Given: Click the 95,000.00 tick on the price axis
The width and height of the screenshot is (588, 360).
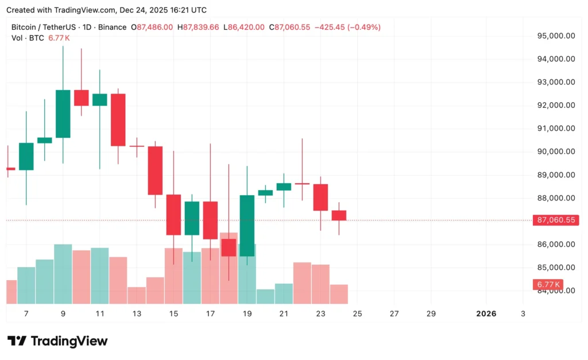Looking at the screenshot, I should click(x=555, y=36).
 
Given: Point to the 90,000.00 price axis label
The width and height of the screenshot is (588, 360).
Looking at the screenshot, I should click(x=555, y=152).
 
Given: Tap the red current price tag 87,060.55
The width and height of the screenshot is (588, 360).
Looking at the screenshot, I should click(x=555, y=220).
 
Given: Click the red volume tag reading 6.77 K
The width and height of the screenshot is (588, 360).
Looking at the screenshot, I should click(x=548, y=284).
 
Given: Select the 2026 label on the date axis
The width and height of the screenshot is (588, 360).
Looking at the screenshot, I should click(x=486, y=313).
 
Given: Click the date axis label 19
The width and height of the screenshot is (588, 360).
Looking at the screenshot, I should click(x=247, y=313).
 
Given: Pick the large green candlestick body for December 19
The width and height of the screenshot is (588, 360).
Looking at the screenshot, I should click(x=247, y=226).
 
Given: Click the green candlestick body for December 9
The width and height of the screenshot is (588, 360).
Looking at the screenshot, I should click(x=63, y=114).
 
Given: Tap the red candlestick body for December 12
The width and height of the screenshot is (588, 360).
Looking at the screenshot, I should click(x=118, y=119).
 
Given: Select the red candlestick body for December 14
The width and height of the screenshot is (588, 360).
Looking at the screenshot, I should click(x=155, y=171).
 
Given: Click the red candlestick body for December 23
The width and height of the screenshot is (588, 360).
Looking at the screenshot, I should click(x=320, y=197).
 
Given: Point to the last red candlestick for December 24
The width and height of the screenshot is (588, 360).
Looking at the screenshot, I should click(x=339, y=215).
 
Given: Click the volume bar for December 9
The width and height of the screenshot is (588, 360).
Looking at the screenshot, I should click(x=63, y=274).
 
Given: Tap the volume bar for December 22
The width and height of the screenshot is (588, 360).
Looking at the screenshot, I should click(x=302, y=282).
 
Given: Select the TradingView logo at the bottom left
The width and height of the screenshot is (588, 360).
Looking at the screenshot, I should click(x=57, y=341).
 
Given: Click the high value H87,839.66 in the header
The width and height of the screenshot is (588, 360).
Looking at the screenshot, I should click(x=198, y=27).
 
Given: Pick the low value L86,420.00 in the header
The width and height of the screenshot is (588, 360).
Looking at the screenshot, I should click(x=244, y=27).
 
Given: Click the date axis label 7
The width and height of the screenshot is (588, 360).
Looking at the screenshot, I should click(x=26, y=313).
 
